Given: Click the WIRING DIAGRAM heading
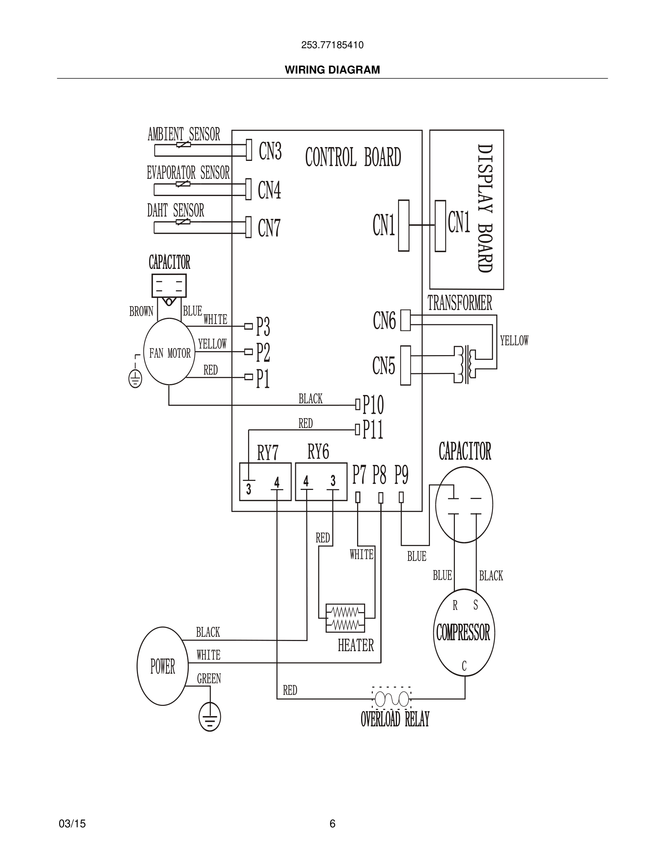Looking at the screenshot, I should point(332,70).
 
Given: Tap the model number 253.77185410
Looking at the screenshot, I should point(332,45).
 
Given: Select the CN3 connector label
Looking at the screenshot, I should point(270,151).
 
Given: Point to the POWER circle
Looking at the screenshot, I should point(162,666).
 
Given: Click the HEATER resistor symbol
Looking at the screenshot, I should point(345,618).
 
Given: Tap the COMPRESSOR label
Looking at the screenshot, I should point(463,633).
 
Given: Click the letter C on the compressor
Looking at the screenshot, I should point(464,666).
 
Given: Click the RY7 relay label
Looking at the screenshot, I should point(268,453).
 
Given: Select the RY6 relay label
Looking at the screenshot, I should point(318,452).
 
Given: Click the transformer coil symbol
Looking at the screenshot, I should point(466,364).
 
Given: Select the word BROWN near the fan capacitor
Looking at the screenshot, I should point(141,311).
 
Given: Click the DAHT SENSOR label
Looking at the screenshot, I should point(176,211).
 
